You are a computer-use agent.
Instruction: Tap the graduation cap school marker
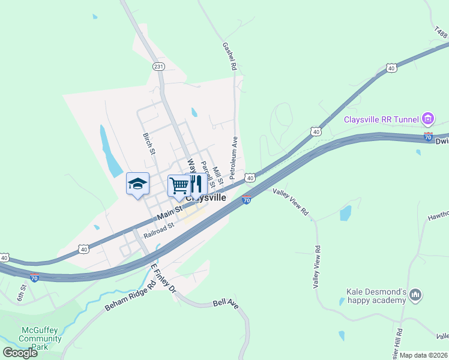coord(137,184)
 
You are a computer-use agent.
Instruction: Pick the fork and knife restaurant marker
coord(196,186)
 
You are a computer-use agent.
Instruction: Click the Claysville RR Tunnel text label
coord(381,119)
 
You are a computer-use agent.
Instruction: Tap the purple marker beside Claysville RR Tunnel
coord(427,118)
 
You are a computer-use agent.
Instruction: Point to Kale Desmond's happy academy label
coord(377,296)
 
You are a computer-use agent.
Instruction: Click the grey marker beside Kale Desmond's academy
coord(416,295)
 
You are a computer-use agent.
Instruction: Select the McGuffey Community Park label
coord(40,338)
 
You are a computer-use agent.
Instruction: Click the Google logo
coord(20,352)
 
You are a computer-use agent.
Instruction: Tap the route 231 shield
coord(158,67)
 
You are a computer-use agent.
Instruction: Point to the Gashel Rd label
coord(229,56)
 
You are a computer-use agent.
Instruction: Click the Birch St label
coord(148,143)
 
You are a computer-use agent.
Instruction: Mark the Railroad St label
coord(158,230)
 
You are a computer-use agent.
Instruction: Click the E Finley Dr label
coord(162,278)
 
